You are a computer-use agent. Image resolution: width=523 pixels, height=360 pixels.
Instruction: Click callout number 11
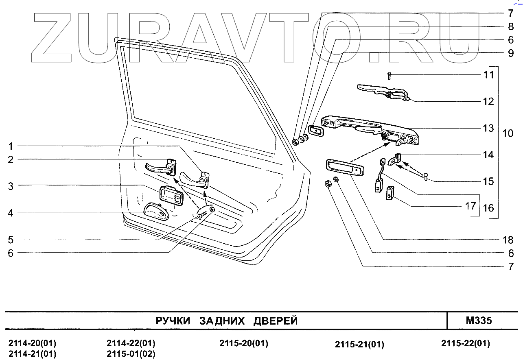[x=489, y=75]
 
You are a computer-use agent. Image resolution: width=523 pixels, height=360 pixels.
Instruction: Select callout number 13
[x=488, y=129]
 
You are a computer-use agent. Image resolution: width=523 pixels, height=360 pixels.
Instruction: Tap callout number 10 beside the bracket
[x=508, y=133]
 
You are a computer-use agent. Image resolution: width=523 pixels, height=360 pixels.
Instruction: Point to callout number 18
[x=508, y=240]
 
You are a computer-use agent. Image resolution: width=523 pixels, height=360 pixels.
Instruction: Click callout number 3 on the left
[x=11, y=186]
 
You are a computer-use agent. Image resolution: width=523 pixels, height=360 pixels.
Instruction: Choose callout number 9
[x=511, y=53]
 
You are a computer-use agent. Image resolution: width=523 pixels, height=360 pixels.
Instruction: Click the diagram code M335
[x=479, y=321]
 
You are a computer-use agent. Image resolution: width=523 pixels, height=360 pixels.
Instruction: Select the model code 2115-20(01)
[x=244, y=343]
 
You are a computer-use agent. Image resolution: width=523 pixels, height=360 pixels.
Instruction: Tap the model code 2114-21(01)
[x=33, y=353]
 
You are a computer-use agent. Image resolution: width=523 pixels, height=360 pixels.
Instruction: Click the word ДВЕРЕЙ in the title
[x=276, y=321]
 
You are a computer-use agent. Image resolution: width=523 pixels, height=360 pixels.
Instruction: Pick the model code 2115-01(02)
[x=131, y=353]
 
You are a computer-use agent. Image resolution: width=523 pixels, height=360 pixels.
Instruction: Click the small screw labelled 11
[x=390, y=76]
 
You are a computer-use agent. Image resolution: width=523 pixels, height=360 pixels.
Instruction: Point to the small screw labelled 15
[x=426, y=177]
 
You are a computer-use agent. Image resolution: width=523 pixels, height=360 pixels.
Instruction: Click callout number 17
[x=471, y=206]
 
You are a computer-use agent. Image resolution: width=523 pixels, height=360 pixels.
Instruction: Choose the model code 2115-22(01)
[x=466, y=343]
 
